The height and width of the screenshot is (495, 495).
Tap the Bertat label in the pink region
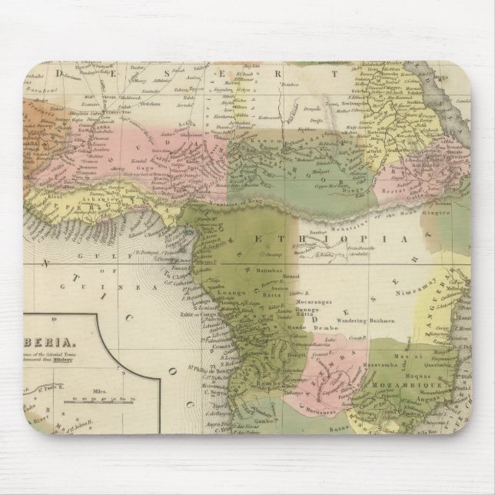coord(396,188)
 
